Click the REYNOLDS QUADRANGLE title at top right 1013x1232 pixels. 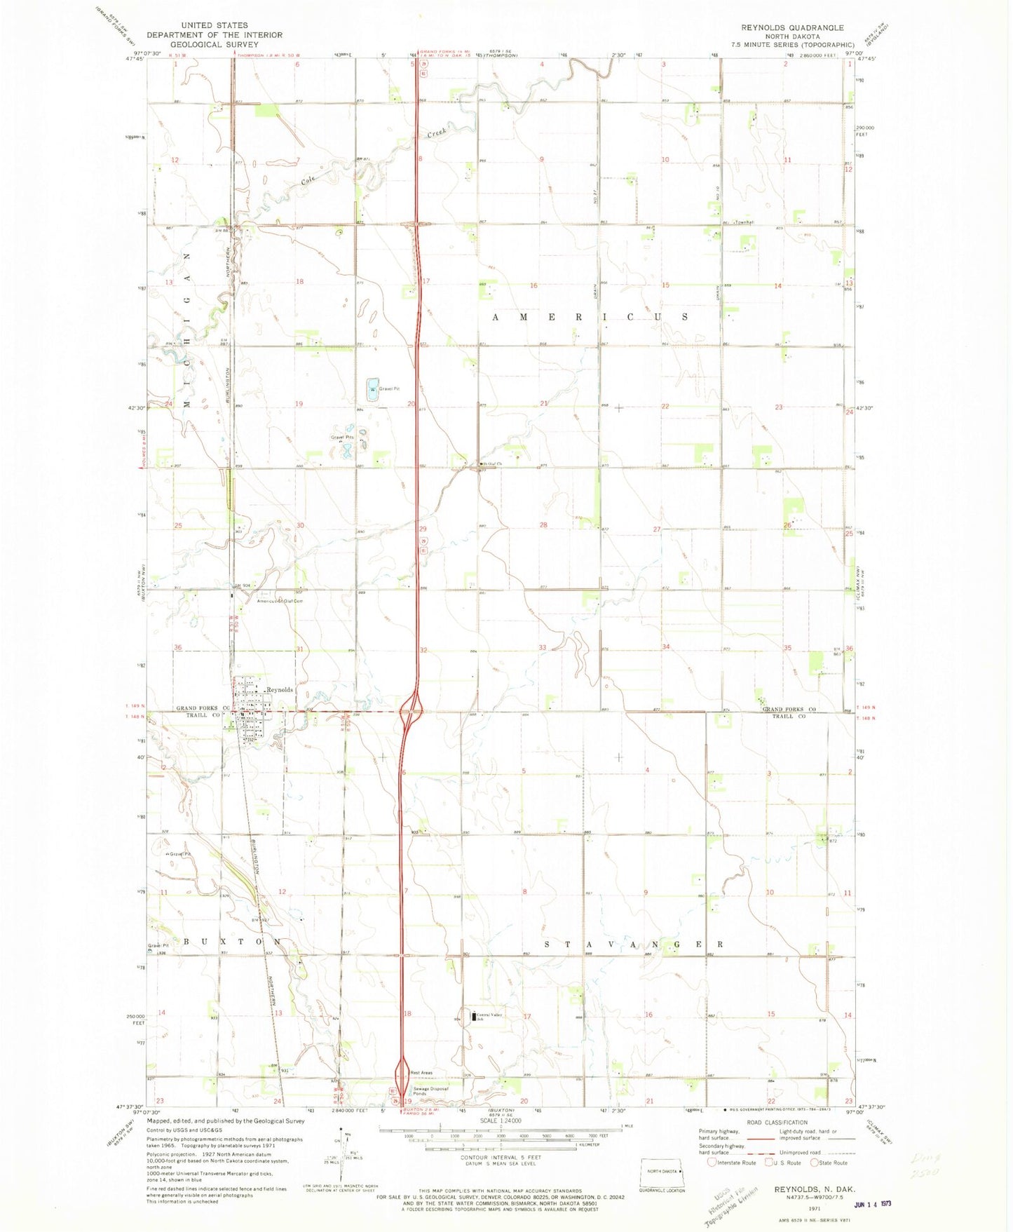click(792, 27)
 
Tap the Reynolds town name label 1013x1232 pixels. click(280, 690)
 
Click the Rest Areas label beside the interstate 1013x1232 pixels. click(421, 1073)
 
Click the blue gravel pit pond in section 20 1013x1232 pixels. click(372, 389)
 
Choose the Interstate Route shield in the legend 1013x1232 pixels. click(712, 1163)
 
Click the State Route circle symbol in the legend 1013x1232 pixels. click(815, 1163)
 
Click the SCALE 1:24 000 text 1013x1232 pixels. click(500, 1121)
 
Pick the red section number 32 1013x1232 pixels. click(423, 650)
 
